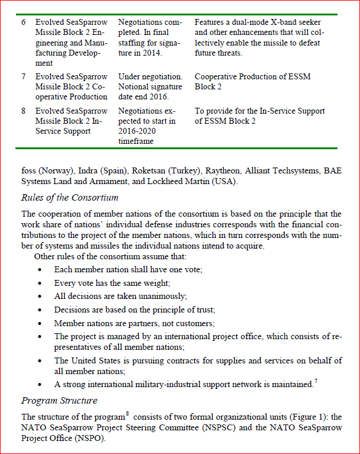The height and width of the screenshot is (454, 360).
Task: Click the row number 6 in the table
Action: click(24, 22)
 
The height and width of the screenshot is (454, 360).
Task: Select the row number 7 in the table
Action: click(24, 76)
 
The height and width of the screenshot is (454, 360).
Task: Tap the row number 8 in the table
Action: click(24, 111)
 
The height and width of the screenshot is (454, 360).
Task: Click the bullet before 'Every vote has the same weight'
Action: click(40, 282)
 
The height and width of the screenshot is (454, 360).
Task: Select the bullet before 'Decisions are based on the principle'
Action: click(40, 310)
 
